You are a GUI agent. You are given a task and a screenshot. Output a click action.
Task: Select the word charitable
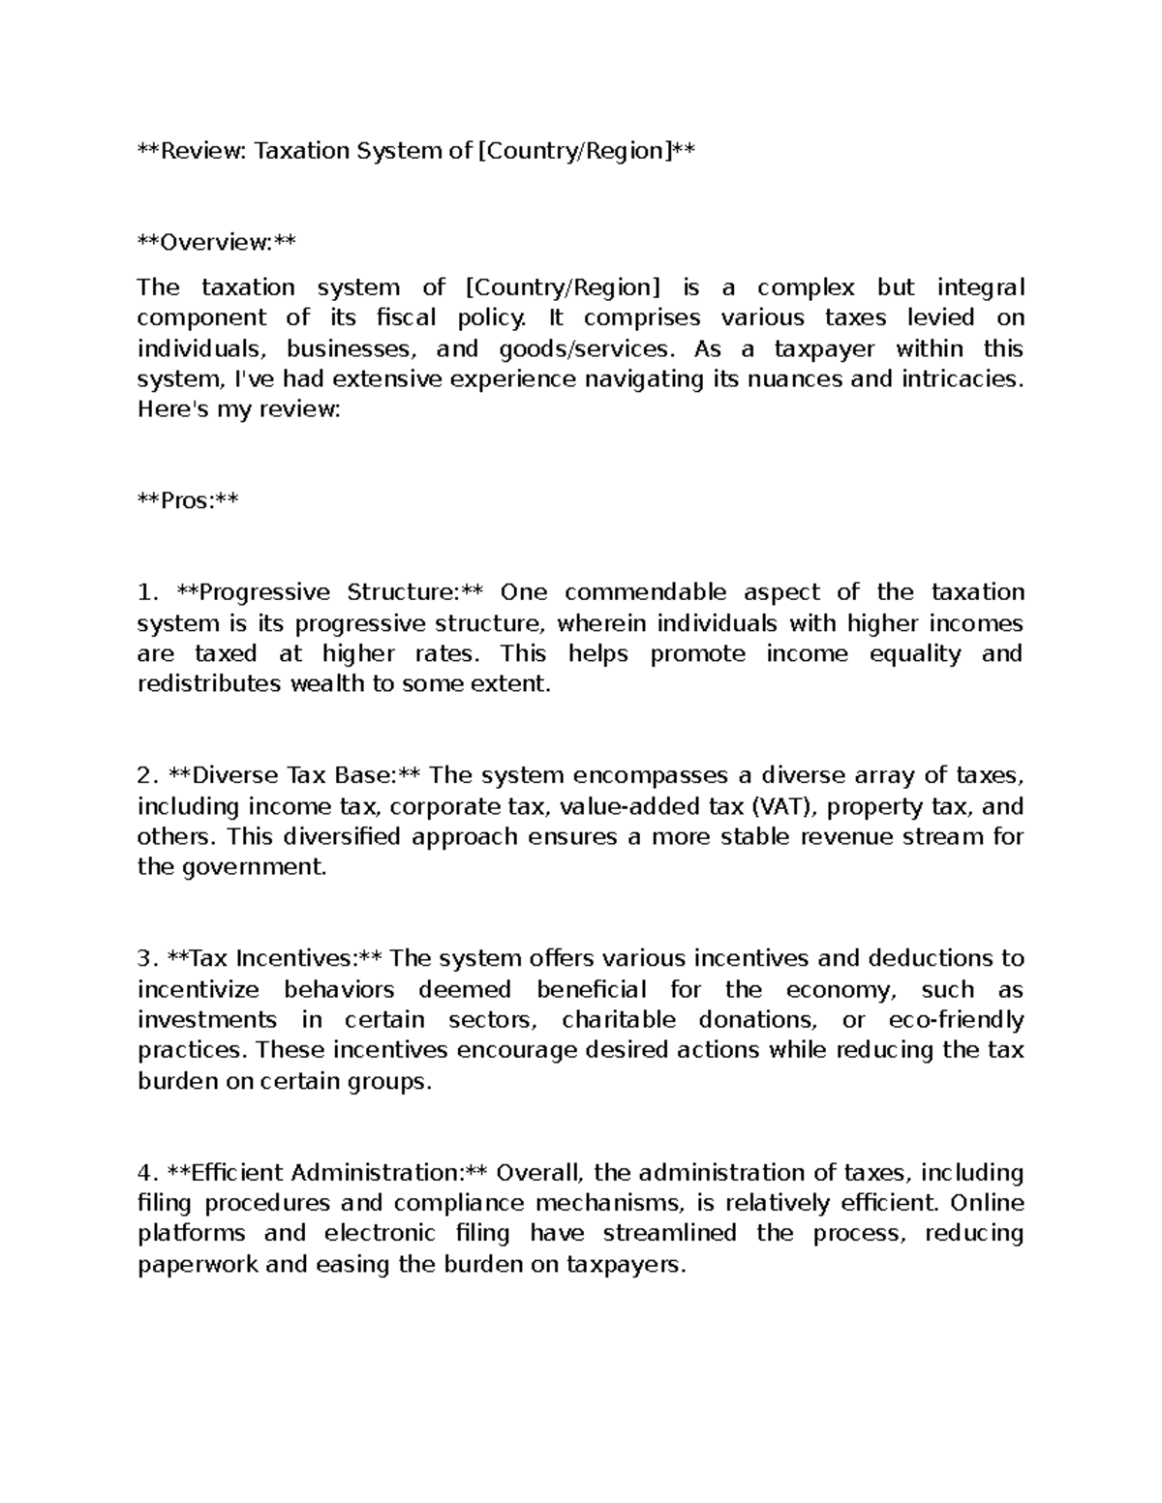[x=619, y=1020]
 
